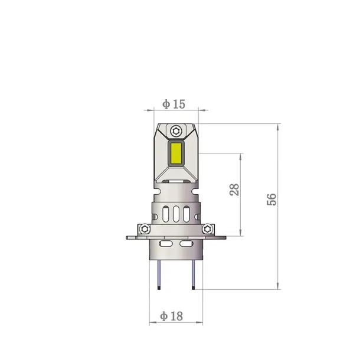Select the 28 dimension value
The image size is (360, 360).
tap(234, 189)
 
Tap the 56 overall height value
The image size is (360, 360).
tap(271, 199)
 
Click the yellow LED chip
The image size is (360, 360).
tap(176, 153)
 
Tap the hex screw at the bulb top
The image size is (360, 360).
tap(176, 130)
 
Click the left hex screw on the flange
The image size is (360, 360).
tap(144, 228)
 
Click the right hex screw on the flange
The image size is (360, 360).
tap(207, 228)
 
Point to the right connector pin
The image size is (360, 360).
tap(193, 276)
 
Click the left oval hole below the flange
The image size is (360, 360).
tap(166, 243)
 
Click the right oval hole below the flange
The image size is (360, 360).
tap(186, 243)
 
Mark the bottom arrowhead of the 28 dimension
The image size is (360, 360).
tap(240, 233)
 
